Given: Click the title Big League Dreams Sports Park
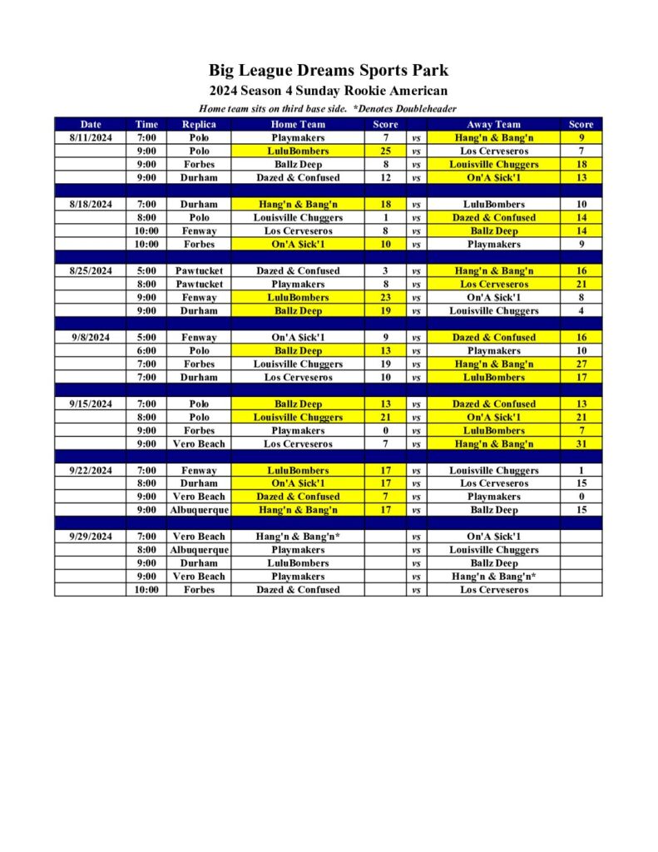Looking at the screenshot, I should coord(329,70).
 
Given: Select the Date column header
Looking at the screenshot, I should coord(91,125).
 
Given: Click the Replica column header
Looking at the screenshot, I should coord(199,125).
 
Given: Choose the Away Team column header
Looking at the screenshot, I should coord(494,125).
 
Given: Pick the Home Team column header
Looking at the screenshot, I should coord(298,125).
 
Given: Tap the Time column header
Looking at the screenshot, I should coord(146,125).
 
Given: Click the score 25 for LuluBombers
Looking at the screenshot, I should coord(385,151).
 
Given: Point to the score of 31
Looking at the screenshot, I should coord(581,444).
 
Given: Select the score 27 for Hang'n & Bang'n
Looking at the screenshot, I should coord(581,364).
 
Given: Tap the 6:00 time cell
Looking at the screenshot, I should coord(146,351).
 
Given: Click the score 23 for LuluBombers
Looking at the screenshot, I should coord(385,298).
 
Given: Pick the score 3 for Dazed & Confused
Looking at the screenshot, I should coord(385,271).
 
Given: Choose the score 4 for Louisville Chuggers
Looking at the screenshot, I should coord(581,311).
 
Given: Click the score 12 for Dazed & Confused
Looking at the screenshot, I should coord(385,178).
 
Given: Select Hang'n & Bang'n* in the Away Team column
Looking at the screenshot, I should coord(494,577).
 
